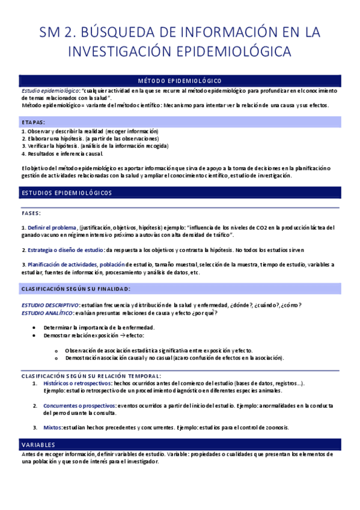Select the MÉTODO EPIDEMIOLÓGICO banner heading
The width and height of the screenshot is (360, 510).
tap(179, 81)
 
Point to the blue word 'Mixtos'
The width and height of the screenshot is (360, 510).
tap(53, 428)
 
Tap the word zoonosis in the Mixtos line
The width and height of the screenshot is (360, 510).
tap(276, 428)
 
